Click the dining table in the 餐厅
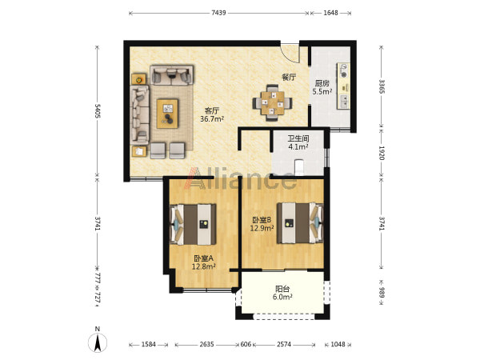coord(272,103)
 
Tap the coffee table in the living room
coord(167,114)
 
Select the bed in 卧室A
coord(193,224)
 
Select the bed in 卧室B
coord(300,223)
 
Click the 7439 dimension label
coord(218,13)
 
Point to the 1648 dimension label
coord(330,13)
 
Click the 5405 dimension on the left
coord(98,110)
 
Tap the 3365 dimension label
coord(382,86)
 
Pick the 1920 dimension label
coord(382,153)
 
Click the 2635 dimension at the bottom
coord(206,344)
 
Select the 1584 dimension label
coord(149,344)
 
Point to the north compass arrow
coord(98,343)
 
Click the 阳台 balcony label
coord(282,289)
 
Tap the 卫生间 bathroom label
coord(298,138)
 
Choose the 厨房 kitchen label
coord(322,83)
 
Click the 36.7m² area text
coord(212,118)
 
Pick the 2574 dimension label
coord(284,344)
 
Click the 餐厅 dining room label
coord(289,77)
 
